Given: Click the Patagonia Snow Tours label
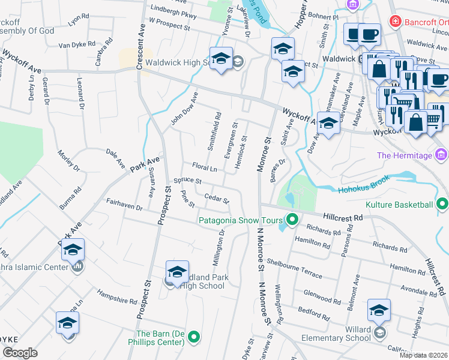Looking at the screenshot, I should tap(241, 220).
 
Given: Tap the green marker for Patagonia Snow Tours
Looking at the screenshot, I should tap(292, 220).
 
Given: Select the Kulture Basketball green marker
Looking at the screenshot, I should tap(442, 205).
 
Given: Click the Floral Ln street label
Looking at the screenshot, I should tap(204, 167).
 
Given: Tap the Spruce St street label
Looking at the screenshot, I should tap(187, 181).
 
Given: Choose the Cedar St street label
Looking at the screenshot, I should tap(217, 197).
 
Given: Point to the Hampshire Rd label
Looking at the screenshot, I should tap(117, 298).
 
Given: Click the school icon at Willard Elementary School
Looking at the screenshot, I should tap(379, 310).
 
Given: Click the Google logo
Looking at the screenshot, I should tap(20, 352).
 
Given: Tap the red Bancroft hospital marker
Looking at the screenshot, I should tap(395, 22).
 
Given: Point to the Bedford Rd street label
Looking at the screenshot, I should tap(314, 314).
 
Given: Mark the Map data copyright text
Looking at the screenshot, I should tap(423, 355).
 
